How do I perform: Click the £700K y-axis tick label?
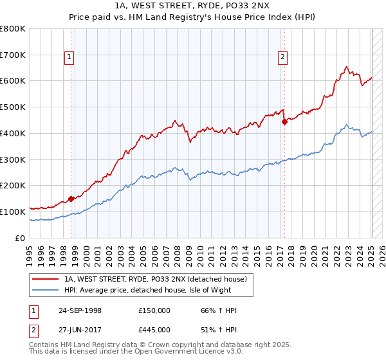(x=13, y=55)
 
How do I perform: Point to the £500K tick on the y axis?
(x=13, y=107)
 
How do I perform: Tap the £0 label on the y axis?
(x=21, y=238)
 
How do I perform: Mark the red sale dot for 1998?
(x=71, y=199)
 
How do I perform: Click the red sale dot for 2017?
(x=284, y=122)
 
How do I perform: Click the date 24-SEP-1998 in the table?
(x=80, y=310)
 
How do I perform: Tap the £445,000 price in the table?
(x=154, y=329)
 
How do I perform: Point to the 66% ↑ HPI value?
(x=219, y=310)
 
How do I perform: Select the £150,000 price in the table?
(x=154, y=310)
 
